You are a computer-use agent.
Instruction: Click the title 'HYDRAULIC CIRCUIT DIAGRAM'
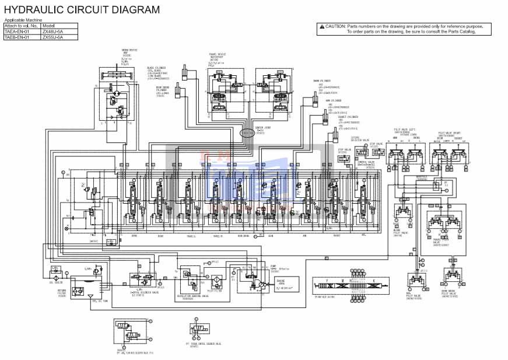pyautogui.click(x=82, y=9)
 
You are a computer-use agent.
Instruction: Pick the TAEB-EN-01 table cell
pyautogui.click(x=22, y=37)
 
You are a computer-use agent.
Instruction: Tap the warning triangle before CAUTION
pyautogui.click(x=321, y=26)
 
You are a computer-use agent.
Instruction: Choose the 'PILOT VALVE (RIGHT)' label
pyautogui.click(x=449, y=133)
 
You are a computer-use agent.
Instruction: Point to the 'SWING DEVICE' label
pyautogui.click(x=129, y=51)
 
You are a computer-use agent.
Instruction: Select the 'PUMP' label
pyautogui.click(x=273, y=265)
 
